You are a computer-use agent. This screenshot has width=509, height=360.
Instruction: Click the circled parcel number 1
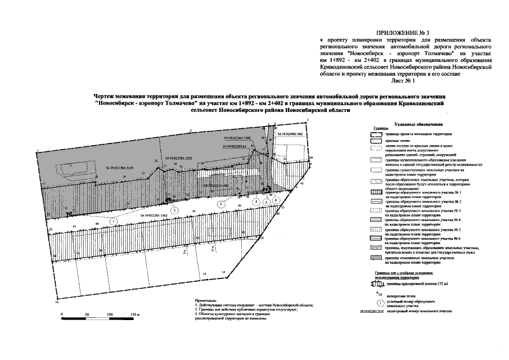click(115, 222)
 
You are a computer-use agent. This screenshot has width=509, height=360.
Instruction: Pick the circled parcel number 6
click(276, 200)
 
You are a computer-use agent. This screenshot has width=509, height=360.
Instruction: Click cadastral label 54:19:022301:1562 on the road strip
click(154, 215)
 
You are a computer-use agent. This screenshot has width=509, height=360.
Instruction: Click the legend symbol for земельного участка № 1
click(376, 193)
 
